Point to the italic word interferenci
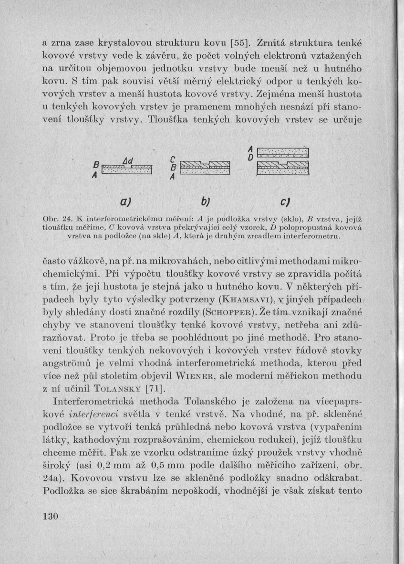tap(93, 411)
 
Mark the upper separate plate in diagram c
tap(283, 152)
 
